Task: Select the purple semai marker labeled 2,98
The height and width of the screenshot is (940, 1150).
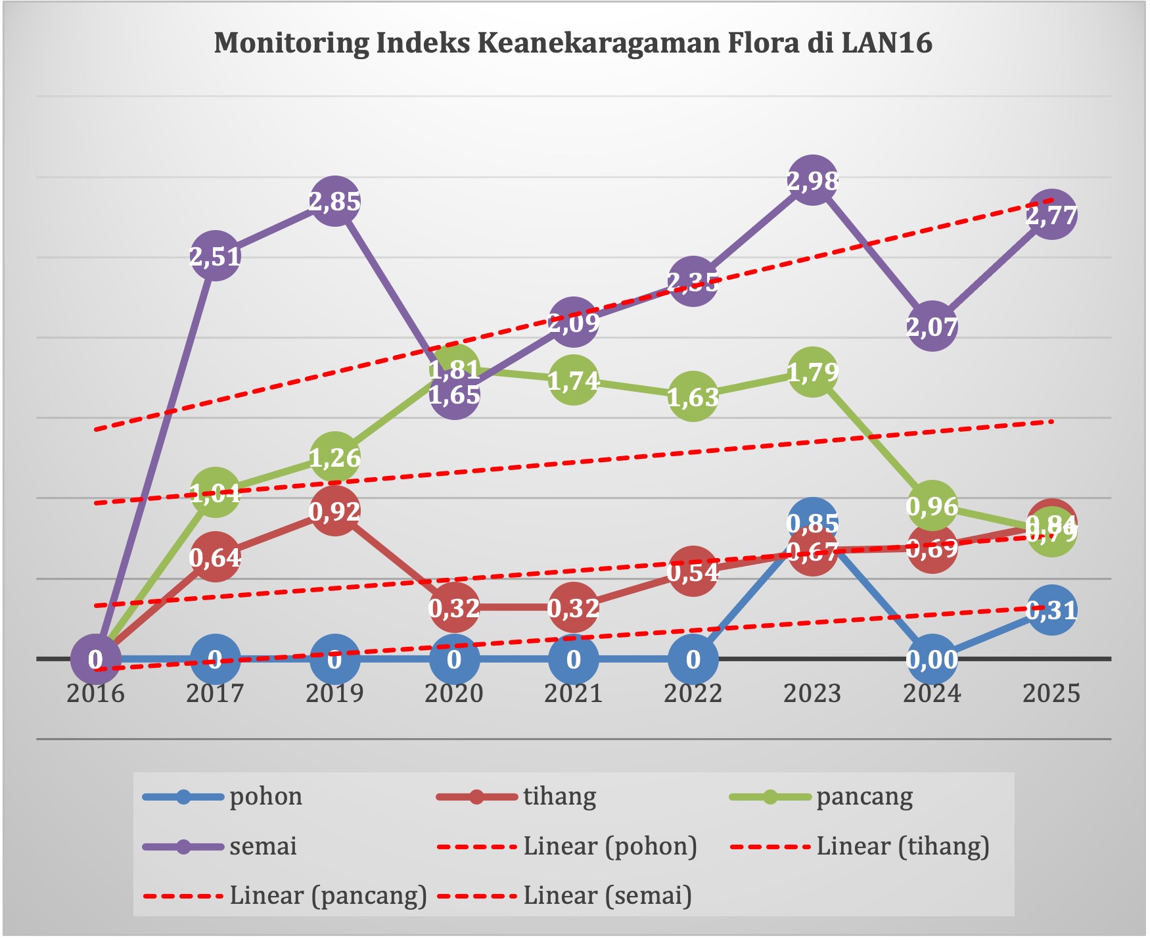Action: click(x=813, y=180)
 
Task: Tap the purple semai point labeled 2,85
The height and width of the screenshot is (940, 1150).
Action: click(x=335, y=201)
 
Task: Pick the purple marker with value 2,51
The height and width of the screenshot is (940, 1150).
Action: click(x=216, y=256)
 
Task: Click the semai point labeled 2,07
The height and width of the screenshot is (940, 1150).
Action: click(x=932, y=326)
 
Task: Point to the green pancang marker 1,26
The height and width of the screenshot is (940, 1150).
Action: click(x=335, y=457)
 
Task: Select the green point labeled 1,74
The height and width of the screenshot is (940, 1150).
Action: click(x=574, y=380)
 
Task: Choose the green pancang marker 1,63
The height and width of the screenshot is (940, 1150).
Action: click(x=693, y=396)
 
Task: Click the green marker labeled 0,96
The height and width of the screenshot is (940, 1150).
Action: click(x=932, y=505)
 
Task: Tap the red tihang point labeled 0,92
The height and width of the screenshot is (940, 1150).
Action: click(x=335, y=511)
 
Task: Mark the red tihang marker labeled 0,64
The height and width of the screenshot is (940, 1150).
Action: click(x=216, y=557)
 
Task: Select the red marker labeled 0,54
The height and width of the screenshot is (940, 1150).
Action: click(x=693, y=572)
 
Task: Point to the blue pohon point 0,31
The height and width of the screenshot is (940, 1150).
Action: click(x=1051, y=610)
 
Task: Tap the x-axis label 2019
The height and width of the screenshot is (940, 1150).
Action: click(x=335, y=693)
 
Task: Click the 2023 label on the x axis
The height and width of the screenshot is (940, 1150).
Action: click(x=813, y=693)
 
